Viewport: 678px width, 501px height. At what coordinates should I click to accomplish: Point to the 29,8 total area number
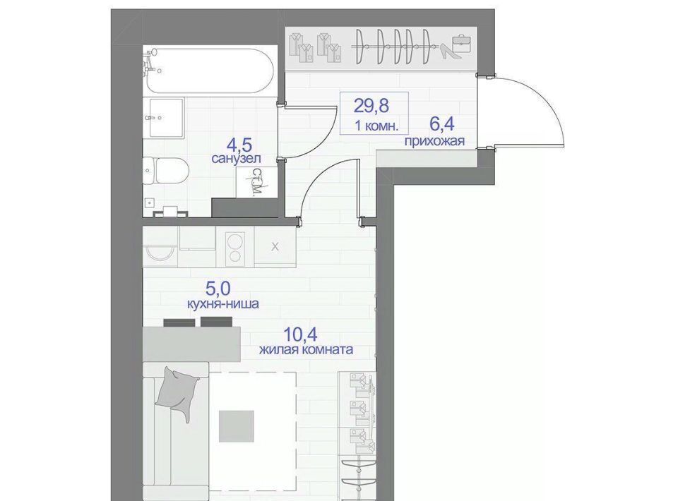pos(371,105)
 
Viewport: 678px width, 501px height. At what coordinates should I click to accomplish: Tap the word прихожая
pos(434,141)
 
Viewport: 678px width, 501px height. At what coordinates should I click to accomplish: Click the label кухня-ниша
pos(222,303)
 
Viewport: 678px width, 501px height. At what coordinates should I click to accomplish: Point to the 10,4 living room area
pos(301,334)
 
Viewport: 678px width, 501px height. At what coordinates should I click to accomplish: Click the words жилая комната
pos(306,349)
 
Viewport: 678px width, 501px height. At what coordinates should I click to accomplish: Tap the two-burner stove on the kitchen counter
pos(234,248)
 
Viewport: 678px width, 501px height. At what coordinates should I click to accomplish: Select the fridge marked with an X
pos(275,247)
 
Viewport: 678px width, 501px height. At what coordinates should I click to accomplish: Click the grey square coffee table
pos(236,426)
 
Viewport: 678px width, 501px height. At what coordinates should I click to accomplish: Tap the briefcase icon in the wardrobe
pos(462,44)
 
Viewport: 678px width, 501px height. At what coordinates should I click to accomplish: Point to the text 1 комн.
pos(376,126)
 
